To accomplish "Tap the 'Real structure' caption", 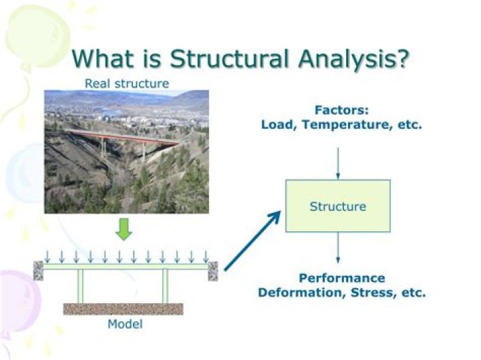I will click(127, 83).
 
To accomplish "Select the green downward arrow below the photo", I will click(124, 230).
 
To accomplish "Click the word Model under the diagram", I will click(125, 325).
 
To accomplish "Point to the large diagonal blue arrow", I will click(252, 241).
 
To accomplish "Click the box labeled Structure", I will click(337, 206).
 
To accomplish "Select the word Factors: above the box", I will click(341, 110).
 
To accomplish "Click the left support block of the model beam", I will click(38, 271).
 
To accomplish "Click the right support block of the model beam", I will click(213, 271).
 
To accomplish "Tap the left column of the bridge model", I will click(80, 286).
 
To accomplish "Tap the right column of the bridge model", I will click(165, 286).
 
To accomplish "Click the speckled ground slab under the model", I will click(123, 309).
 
